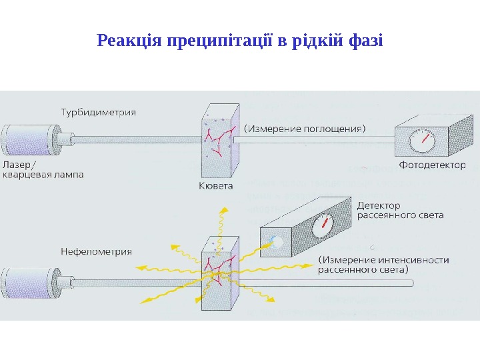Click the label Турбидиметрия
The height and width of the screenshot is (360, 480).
click(x=98, y=112)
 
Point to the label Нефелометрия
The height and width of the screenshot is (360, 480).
click(x=96, y=252)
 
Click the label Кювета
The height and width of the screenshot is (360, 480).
click(x=216, y=186)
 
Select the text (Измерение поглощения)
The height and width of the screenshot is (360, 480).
click(x=306, y=127)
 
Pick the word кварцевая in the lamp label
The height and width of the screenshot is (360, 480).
click(x=25, y=175)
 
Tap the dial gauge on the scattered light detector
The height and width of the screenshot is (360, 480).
click(x=323, y=225)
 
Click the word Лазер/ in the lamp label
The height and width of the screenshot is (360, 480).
click(x=20, y=164)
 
